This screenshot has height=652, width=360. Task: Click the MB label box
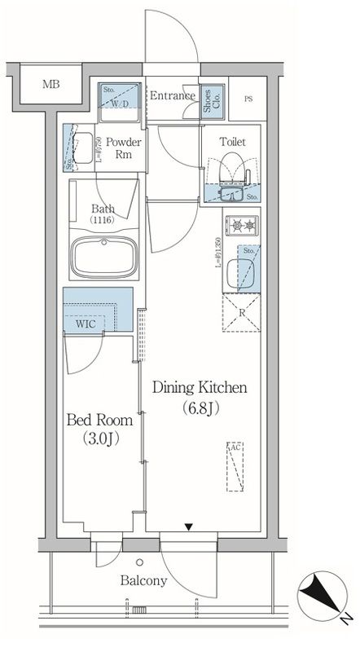pos(50,84)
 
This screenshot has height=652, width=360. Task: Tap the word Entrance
pos(172,96)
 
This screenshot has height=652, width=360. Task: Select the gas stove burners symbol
pos(240,225)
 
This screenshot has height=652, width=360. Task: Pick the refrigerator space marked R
pos(242,310)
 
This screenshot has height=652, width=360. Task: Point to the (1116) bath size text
pos(102,221)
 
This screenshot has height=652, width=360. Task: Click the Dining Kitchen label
pos(200,388)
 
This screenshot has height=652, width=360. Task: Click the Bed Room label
pos(99,421)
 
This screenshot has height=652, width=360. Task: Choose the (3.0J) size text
pos(99,441)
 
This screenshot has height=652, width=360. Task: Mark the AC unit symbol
pos(234,468)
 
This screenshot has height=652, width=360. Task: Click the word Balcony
pos(144,581)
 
